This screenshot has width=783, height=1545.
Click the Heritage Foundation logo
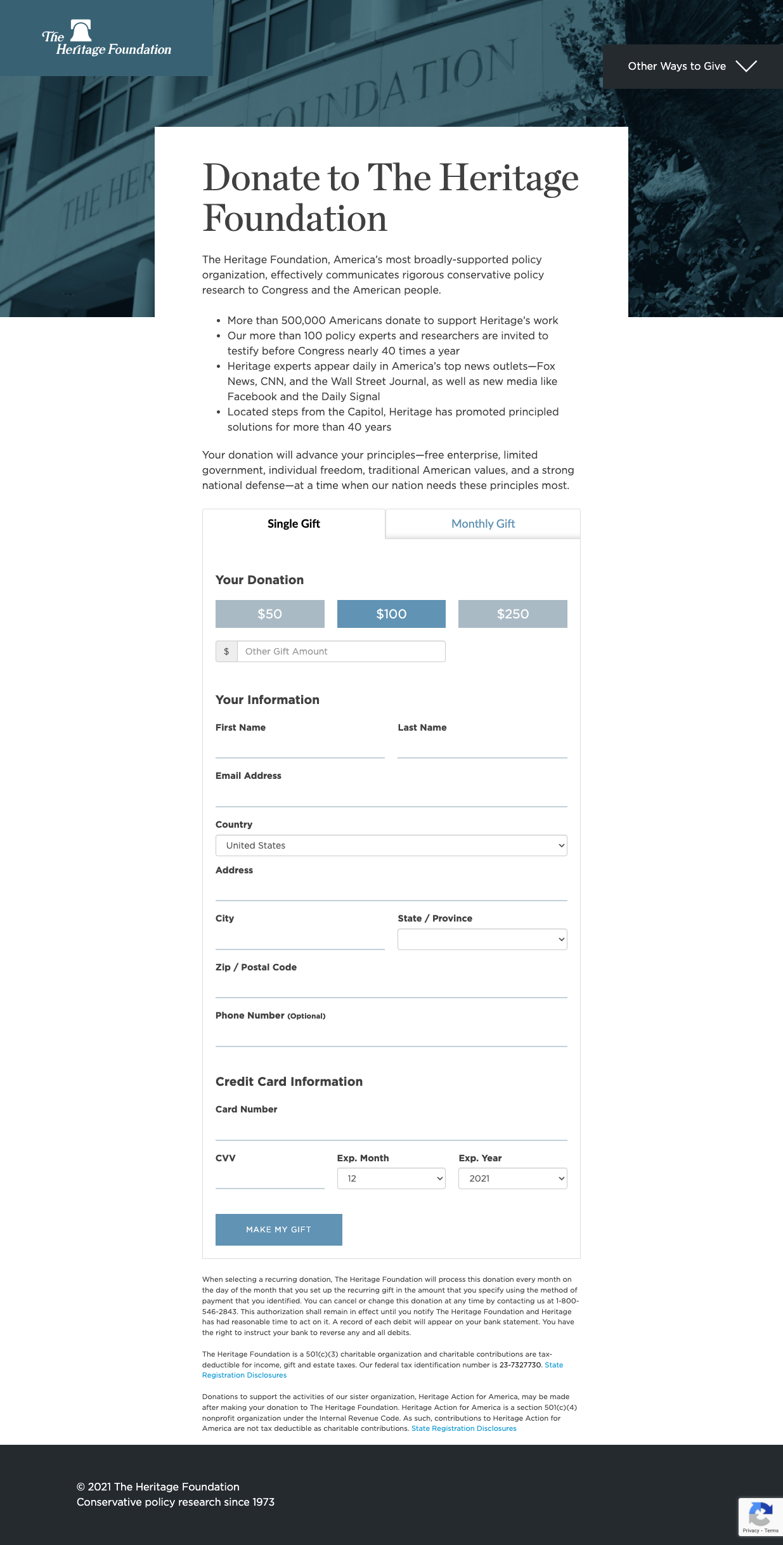coord(107,39)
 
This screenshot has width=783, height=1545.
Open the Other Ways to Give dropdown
coord(692,67)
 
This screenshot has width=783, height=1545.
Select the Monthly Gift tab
coord(483,524)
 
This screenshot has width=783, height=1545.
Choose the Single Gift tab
coord(294,524)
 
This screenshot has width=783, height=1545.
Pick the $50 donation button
coord(270,614)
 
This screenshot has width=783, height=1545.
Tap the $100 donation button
coord(391,614)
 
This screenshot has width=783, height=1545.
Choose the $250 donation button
coord(513,614)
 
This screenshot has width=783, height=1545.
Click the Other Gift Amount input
coord(341,651)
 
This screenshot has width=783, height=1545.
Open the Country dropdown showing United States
coord(391,845)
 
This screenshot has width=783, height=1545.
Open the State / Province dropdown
coord(482,939)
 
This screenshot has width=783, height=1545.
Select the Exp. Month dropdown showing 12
coord(391,1178)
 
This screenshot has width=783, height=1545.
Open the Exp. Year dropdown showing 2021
coord(513,1178)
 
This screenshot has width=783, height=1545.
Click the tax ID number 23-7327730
coord(521,1365)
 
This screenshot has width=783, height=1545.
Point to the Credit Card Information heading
coord(289,1081)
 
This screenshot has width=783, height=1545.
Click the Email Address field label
coord(249,776)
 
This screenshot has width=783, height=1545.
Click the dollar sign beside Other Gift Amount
coord(226,651)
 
